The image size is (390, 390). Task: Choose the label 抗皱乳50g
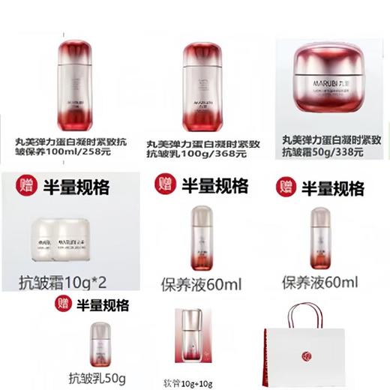[99, 377]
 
